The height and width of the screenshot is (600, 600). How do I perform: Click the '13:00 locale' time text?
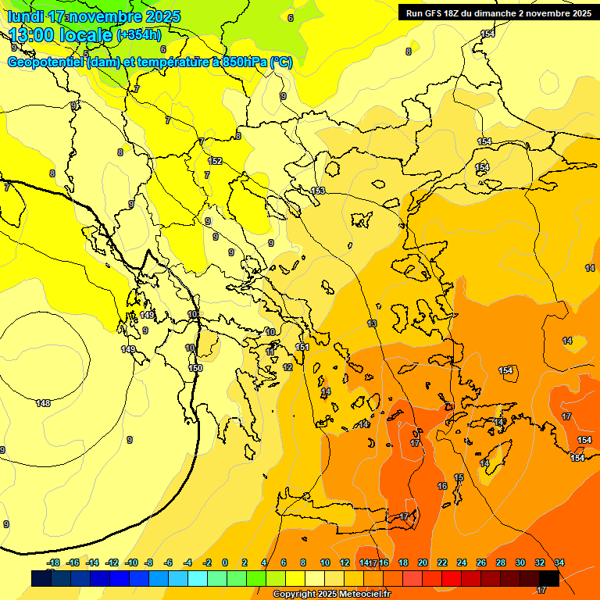pos(60,34)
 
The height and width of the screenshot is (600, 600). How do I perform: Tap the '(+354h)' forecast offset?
pos(139,35)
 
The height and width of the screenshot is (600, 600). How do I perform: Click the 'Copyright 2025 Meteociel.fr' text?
pos(331,594)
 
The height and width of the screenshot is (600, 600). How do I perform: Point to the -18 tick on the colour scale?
pos(53,562)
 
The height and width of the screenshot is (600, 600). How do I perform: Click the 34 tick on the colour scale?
pos(559,562)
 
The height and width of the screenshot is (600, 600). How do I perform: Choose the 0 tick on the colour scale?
pos(225,562)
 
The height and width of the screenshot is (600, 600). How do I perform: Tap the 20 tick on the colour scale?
pos(423,562)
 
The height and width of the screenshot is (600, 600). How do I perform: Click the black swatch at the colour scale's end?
pos(549,578)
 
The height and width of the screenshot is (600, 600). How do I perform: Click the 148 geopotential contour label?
pos(43,403)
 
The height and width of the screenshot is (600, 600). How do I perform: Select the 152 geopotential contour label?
pos(216,161)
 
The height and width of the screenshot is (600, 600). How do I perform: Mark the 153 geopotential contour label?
pos(318,191)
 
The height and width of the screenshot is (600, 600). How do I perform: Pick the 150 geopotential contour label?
pos(195,368)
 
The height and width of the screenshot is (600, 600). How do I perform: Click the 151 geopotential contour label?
pos(302,347)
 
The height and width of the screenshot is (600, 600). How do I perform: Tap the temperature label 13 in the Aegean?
pos(372,323)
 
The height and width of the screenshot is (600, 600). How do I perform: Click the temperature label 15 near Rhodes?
pos(459,477)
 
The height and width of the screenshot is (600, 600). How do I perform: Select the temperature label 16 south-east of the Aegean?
pos(442,486)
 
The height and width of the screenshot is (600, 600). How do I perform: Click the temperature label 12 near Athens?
pos(287,367)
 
